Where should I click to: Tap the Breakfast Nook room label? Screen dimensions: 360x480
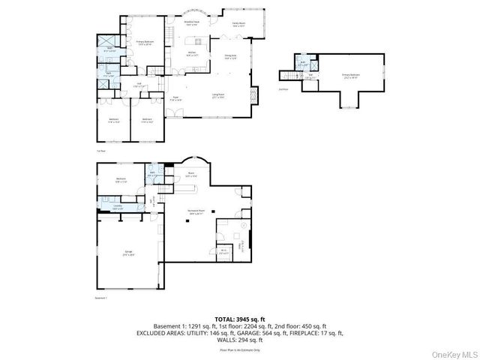[192, 23]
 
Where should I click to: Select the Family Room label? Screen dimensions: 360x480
[239, 25]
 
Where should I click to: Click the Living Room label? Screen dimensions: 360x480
[219, 95]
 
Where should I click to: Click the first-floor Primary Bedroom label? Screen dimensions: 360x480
[144, 42]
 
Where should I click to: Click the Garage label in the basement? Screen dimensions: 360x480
[127, 253]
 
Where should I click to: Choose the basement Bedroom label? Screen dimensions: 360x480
[121, 178]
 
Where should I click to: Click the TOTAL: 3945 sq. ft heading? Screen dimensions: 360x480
[240, 319]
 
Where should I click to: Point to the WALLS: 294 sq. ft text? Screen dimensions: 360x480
[240, 338]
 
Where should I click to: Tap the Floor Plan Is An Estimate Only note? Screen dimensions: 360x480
[240, 349]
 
